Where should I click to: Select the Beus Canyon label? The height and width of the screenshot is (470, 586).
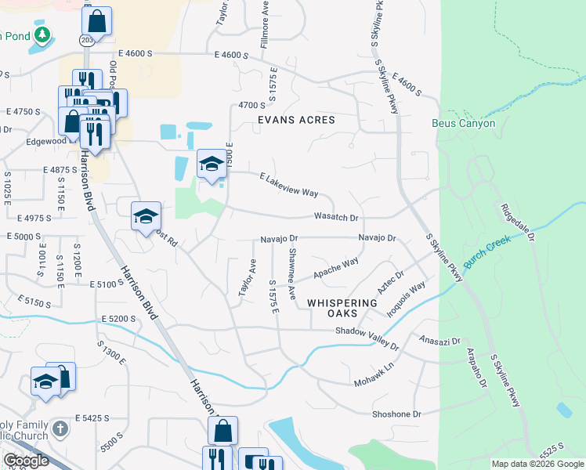[x=464, y=124]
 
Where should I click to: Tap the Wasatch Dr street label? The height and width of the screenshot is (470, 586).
[x=336, y=217]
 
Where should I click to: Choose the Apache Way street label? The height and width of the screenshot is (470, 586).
[x=336, y=267]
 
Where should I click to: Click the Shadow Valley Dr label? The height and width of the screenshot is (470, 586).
[x=367, y=338]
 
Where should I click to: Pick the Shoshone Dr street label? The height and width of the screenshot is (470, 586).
[x=396, y=414]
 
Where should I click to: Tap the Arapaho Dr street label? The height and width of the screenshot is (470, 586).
[x=477, y=367]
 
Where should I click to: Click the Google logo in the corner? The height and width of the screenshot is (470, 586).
[x=27, y=461]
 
